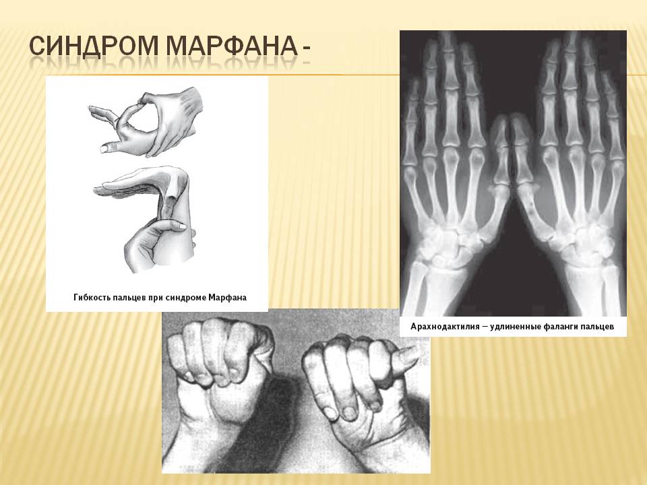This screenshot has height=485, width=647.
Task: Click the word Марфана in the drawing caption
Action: tap(227, 297)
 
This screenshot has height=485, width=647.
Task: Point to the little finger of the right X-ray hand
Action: tap(611, 108)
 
